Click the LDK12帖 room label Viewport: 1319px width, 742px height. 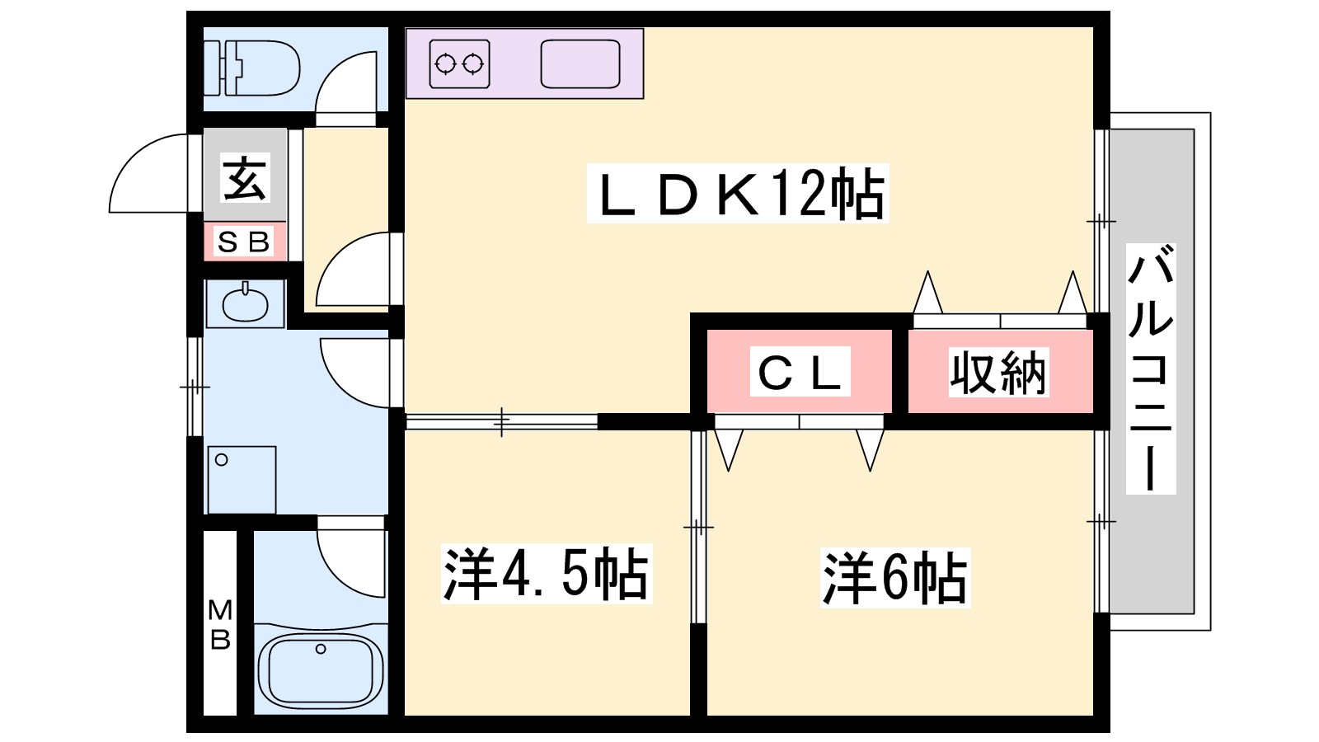point(737,194)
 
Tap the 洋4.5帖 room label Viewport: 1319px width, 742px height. point(546,574)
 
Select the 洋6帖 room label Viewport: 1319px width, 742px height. point(895,577)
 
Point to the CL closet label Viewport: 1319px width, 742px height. point(800,373)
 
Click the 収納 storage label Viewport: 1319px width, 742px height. point(998,373)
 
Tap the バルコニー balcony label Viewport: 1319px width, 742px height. point(1151,369)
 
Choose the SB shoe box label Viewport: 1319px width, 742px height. point(244,242)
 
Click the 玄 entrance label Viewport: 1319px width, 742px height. point(245,178)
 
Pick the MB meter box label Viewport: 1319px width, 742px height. point(220,625)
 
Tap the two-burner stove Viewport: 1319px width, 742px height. point(459,63)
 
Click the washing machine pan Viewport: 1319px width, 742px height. point(242,480)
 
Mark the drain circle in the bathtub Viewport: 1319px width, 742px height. point(321,649)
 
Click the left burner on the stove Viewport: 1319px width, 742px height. point(446,63)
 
